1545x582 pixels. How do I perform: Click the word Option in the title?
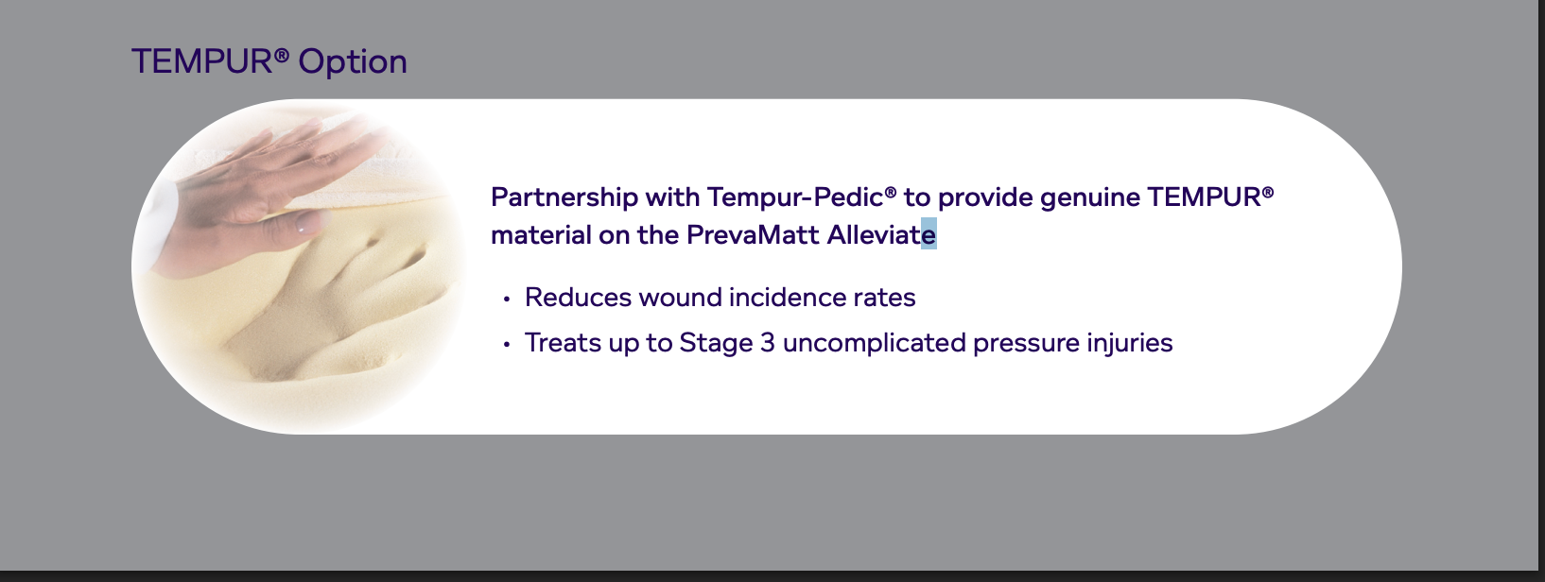[x=353, y=63]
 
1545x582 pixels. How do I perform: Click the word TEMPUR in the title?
[x=202, y=61]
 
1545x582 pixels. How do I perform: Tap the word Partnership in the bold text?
[x=564, y=197]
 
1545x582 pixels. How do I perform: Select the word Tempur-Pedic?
[x=795, y=197]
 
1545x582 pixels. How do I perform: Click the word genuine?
[x=1090, y=198]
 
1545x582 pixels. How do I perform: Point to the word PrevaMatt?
[x=754, y=235]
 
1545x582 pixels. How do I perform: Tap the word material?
[x=541, y=235]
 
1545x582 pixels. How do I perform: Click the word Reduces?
[x=578, y=298]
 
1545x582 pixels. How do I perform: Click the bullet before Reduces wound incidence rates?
[x=507, y=300]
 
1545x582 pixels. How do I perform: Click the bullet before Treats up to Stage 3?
[x=507, y=344]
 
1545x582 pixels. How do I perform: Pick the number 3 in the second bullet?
[x=768, y=343]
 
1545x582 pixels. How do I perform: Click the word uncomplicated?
[x=875, y=343]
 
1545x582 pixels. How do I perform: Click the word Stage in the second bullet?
[x=716, y=344]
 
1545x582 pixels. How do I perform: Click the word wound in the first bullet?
[x=680, y=298]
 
